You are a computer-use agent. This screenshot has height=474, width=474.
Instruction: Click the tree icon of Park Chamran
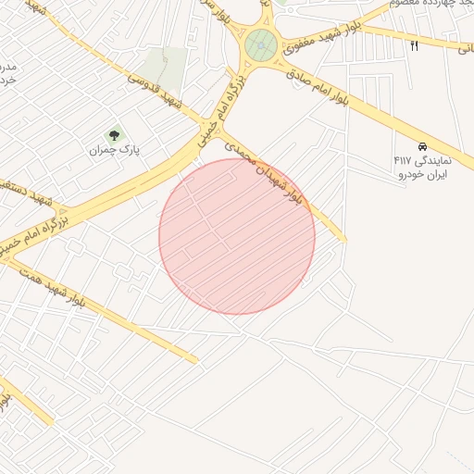click(x=115, y=135)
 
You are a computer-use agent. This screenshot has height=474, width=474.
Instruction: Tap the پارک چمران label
click(x=114, y=150)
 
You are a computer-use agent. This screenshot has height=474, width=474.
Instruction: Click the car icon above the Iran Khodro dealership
click(x=421, y=146)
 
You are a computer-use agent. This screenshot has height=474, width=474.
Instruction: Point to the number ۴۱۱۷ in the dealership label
click(x=404, y=160)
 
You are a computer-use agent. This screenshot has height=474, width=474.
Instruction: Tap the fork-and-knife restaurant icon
click(x=414, y=45)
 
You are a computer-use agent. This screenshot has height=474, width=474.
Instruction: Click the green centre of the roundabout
click(x=261, y=44)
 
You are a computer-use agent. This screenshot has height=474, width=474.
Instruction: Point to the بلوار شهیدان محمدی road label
click(x=268, y=173)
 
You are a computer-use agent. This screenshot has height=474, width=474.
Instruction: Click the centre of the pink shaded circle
click(x=237, y=236)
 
